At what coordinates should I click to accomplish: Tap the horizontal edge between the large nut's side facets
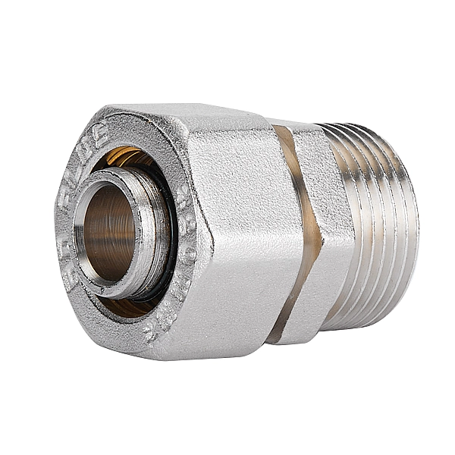[243, 241]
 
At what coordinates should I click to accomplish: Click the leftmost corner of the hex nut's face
[57, 220]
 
